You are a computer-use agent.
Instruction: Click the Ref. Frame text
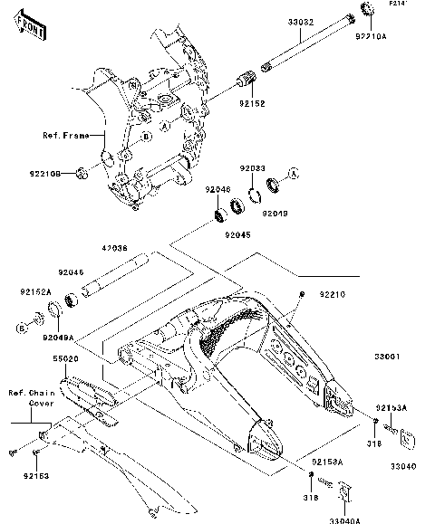point(66,135)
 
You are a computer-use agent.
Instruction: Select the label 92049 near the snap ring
point(275,213)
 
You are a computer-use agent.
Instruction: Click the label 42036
point(114,247)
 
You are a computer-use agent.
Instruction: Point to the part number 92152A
point(35,293)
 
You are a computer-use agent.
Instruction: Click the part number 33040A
point(344,519)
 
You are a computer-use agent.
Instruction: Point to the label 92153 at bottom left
point(36,474)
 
